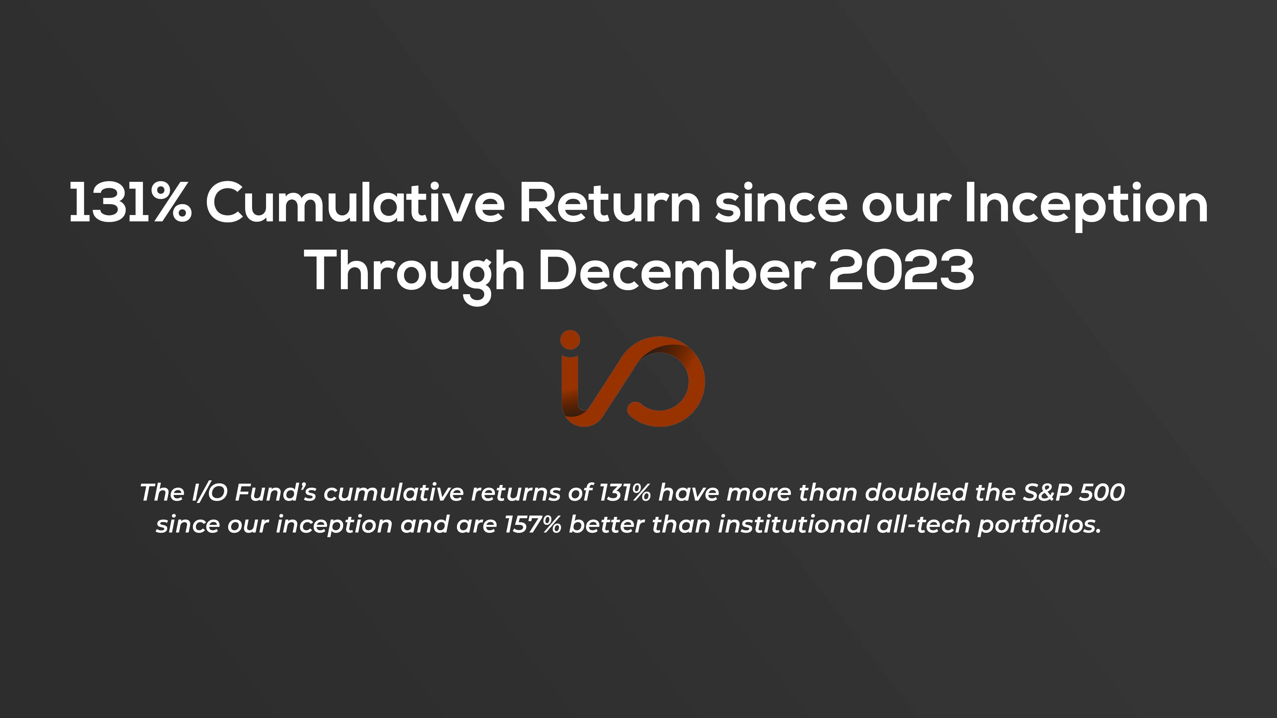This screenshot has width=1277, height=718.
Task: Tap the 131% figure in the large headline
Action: [130, 203]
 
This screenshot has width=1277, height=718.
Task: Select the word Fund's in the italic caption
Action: [275, 493]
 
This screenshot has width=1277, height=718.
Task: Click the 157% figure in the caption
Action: [532, 525]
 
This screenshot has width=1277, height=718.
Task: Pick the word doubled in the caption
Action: [916, 493]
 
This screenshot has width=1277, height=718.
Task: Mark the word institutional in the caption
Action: [793, 525]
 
